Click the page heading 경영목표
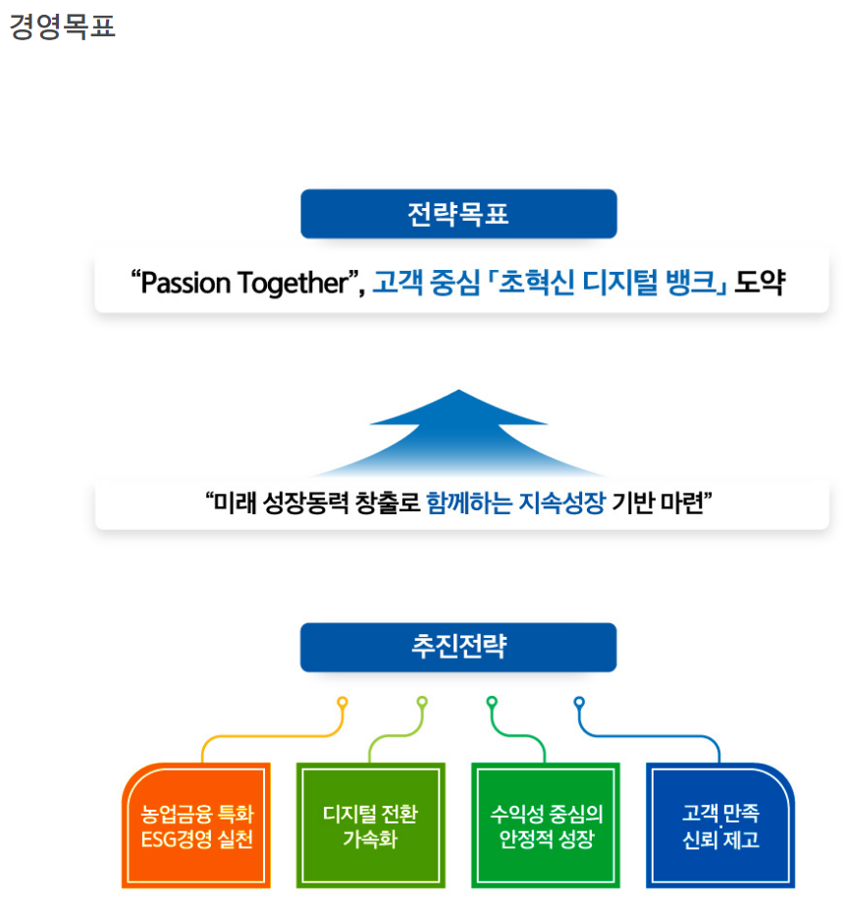[x=63, y=26]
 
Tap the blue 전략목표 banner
[x=458, y=214]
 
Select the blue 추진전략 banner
[x=458, y=647]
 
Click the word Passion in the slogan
[x=187, y=284]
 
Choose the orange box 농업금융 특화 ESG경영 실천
[x=196, y=826]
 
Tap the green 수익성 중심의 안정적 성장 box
[x=546, y=826]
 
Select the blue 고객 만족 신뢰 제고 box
[x=720, y=826]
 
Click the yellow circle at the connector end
[x=343, y=703]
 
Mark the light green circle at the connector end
[x=422, y=703]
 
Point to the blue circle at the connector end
[x=579, y=703]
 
